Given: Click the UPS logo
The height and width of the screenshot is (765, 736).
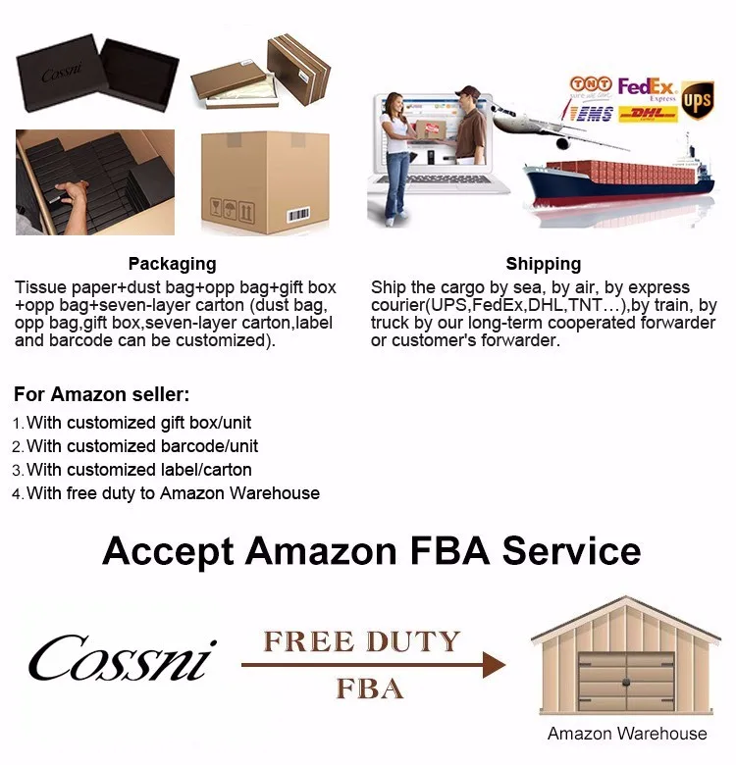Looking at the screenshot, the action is tap(697, 100).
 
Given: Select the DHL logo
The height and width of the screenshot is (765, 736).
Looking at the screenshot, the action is tap(649, 114).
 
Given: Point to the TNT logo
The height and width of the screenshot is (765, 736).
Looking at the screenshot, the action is tap(591, 87).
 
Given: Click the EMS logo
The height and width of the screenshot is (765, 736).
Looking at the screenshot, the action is tap(589, 113).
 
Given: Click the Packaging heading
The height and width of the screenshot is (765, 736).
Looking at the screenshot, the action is tap(172, 264).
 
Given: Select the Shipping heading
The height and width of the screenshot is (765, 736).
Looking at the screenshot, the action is tap(544, 264).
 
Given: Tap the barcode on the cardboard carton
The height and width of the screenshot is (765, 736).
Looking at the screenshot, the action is tap(297, 214).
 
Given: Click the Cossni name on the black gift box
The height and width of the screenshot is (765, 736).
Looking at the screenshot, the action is tap(61, 76).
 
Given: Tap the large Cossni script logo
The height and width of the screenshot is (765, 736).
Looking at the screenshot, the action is tap(122, 658).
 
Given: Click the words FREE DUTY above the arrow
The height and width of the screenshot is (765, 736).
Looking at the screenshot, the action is tap(362, 642).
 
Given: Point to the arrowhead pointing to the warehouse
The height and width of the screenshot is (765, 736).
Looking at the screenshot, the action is tap(494, 666).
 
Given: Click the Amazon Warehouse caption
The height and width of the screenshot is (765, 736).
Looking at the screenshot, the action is tap(626, 734).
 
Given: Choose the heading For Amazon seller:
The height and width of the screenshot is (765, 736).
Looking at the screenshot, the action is tap(102, 395).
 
